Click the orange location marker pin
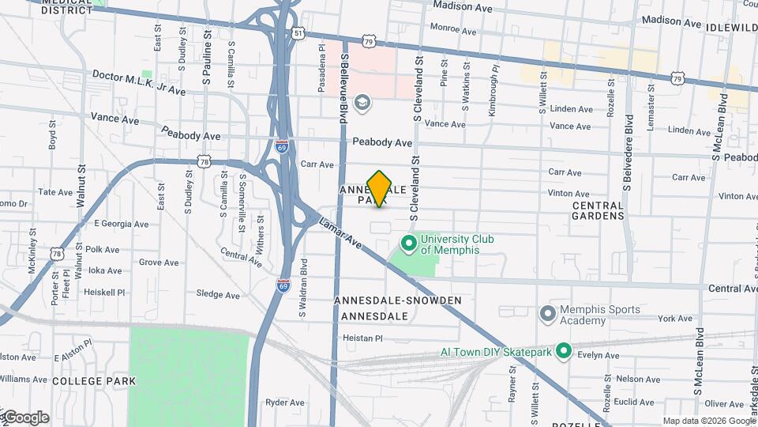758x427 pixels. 380,188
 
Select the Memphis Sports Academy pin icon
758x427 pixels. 547,315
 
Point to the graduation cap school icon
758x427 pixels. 362,102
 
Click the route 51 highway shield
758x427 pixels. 297,32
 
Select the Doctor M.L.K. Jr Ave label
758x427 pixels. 139,83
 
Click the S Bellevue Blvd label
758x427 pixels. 344,88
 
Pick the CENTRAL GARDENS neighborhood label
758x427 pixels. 598,210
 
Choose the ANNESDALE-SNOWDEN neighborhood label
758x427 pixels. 398,301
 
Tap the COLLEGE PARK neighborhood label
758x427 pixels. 94,381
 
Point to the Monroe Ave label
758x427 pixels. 452,32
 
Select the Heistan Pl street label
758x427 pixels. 362,338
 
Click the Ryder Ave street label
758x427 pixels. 285,402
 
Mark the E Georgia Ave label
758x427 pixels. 121,224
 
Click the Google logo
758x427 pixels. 26,418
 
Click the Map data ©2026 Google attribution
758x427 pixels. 707,421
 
